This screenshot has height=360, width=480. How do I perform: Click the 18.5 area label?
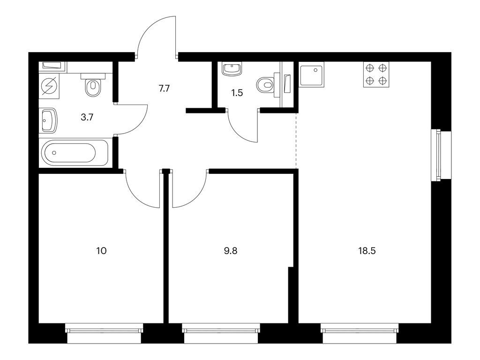tap(367, 250)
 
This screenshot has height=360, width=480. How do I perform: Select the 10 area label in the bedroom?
tap(101, 250)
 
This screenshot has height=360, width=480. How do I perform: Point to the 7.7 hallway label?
tap(164, 88)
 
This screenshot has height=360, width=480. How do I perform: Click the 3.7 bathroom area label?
tap(87, 117)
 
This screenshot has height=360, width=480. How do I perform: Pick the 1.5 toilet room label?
tap(237, 92)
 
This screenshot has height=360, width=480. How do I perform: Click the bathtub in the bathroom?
tap(75, 152)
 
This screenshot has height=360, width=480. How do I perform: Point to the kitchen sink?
tap(312, 75)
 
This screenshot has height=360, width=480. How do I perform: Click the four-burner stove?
tap(376, 74)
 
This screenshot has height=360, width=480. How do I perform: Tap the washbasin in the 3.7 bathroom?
tap(48, 120)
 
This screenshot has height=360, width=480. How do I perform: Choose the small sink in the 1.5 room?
tap(232, 69)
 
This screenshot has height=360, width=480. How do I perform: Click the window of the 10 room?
tap(104, 332)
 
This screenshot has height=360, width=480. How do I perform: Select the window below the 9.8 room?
tap(221, 332)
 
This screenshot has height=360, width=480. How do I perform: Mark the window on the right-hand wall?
tap(441, 155)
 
